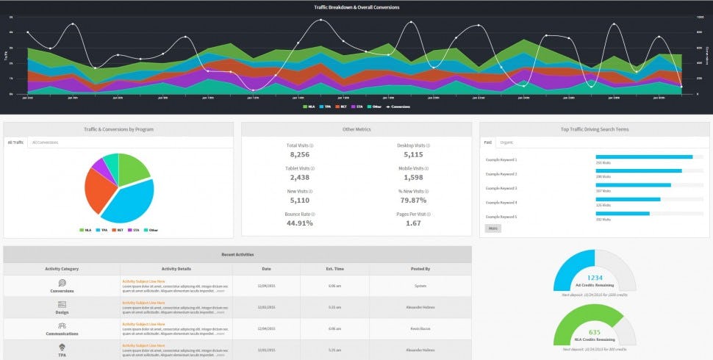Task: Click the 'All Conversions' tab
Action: (x=46, y=142)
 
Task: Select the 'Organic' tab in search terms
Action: (x=507, y=142)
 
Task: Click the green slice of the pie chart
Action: (x=132, y=168)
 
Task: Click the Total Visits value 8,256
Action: (x=299, y=155)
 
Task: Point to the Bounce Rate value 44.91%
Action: (x=299, y=223)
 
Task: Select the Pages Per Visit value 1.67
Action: (x=413, y=223)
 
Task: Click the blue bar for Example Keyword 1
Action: (x=643, y=156)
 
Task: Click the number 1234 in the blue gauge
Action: (x=595, y=278)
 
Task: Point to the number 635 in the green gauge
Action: (x=595, y=332)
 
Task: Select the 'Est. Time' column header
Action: (x=334, y=269)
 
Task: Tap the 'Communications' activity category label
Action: (x=62, y=334)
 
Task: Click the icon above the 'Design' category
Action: (x=62, y=304)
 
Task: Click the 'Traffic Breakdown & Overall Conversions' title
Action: (x=356, y=7)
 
